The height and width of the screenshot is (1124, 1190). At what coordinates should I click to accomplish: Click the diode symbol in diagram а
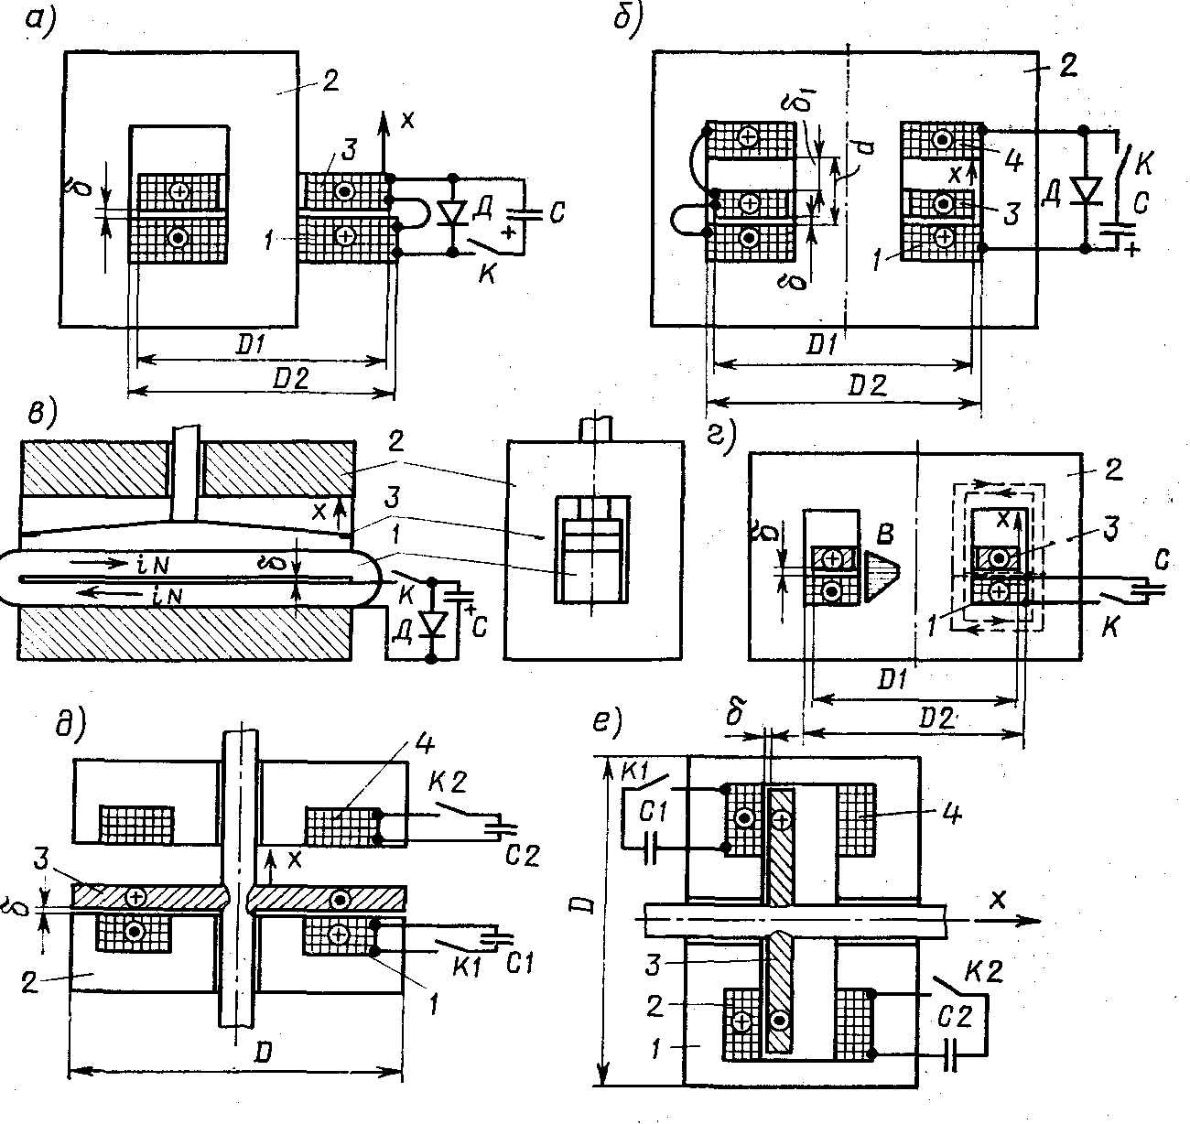click(x=453, y=214)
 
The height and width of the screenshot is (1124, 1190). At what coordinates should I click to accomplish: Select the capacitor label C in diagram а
click(x=557, y=212)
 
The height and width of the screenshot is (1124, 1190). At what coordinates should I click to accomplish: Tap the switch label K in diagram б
click(x=1142, y=163)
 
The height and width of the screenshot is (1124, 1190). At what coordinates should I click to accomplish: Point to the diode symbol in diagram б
click(x=1085, y=191)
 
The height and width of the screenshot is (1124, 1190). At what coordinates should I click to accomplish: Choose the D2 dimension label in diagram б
click(x=867, y=386)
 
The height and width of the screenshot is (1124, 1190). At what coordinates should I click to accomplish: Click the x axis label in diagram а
click(x=407, y=120)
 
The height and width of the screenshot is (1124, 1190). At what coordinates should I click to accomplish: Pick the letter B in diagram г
click(x=885, y=534)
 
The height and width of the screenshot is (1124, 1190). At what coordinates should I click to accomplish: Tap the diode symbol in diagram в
click(x=431, y=624)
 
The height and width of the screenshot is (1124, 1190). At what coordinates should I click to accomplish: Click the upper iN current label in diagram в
click(x=152, y=564)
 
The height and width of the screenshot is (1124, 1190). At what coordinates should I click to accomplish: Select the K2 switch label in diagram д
click(x=448, y=782)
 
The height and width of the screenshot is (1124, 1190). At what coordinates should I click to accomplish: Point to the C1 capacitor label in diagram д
click(x=519, y=964)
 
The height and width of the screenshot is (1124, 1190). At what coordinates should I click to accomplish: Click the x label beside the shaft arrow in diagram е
click(x=998, y=900)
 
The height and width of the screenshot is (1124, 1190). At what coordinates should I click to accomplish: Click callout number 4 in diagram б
click(x=1012, y=160)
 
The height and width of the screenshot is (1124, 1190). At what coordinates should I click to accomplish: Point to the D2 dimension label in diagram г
click(x=936, y=718)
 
